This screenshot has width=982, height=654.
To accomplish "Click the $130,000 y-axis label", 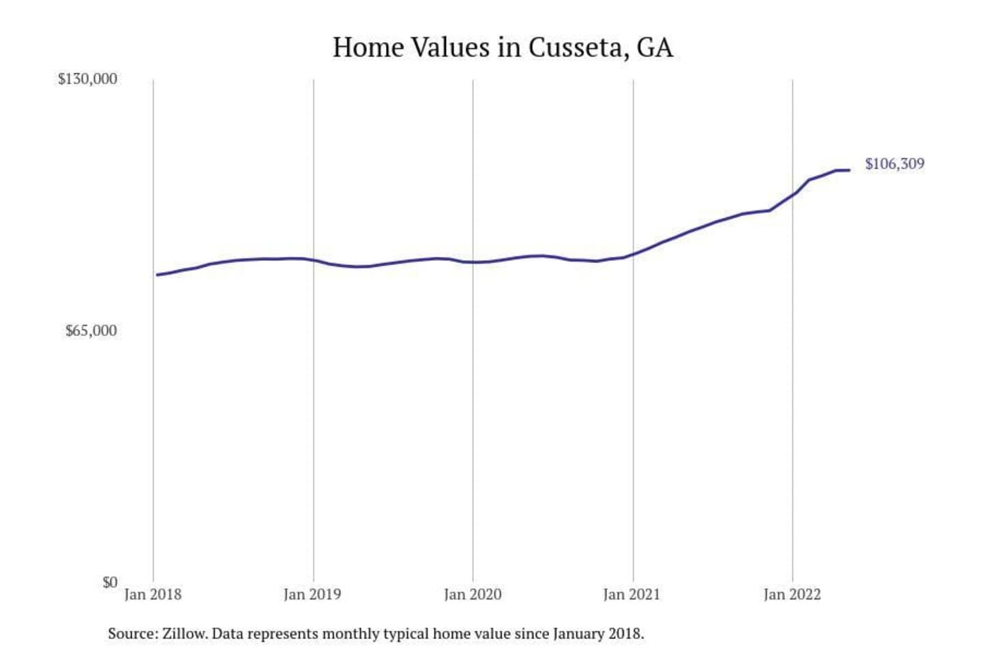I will (x=87, y=79).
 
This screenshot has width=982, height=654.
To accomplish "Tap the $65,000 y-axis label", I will (x=91, y=331).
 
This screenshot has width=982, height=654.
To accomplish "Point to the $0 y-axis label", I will (x=110, y=582).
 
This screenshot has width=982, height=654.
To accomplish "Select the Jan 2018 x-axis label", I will (x=153, y=595).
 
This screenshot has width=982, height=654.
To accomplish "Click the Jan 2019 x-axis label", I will (x=312, y=595).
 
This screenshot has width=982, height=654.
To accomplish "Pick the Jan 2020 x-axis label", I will (x=473, y=595).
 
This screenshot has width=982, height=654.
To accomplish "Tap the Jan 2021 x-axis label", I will (x=632, y=595).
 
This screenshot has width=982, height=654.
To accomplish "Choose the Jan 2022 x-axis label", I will (x=792, y=595).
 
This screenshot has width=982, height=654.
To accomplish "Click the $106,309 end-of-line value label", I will (x=895, y=164).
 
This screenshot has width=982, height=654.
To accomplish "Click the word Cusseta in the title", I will (x=578, y=48).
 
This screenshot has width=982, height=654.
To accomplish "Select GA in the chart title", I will (x=655, y=48).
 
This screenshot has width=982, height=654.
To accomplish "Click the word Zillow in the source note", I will (x=184, y=634).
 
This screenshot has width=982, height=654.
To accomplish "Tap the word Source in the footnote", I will (x=132, y=634).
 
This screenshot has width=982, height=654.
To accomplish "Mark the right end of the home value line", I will (x=849, y=170).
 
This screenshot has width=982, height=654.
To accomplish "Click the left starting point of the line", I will (x=157, y=275).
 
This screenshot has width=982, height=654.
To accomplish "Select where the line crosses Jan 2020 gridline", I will (x=473, y=262).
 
